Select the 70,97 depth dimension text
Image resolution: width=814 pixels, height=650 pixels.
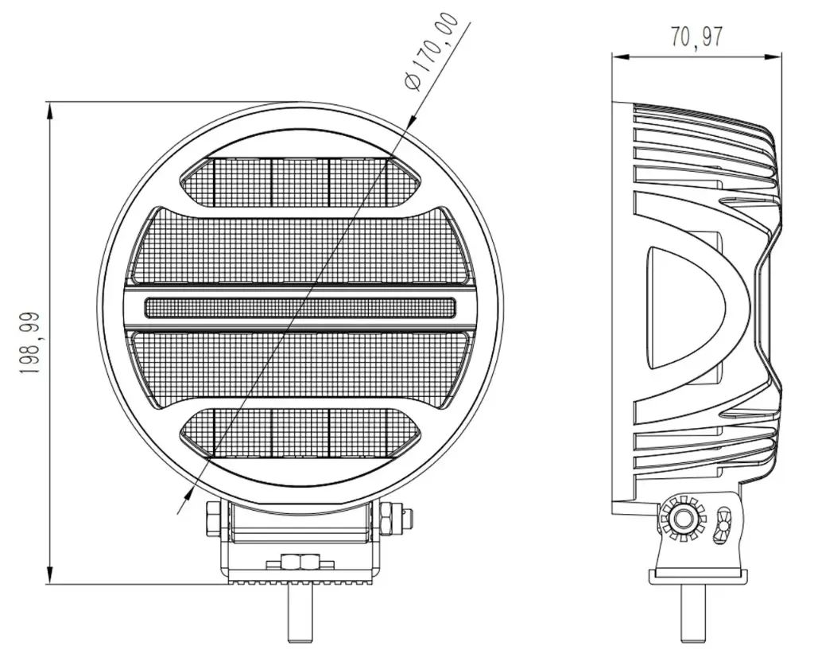point(696,37)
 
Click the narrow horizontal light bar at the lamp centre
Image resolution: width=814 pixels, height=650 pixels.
point(300,307)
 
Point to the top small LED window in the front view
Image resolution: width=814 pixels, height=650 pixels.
point(300,179)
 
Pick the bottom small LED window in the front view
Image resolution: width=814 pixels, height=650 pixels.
point(300,434)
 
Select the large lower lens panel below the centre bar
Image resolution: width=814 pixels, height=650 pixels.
point(300,366)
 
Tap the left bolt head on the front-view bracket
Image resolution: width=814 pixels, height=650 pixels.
point(213,522)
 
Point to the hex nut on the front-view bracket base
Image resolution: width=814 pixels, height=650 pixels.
point(292,562)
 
